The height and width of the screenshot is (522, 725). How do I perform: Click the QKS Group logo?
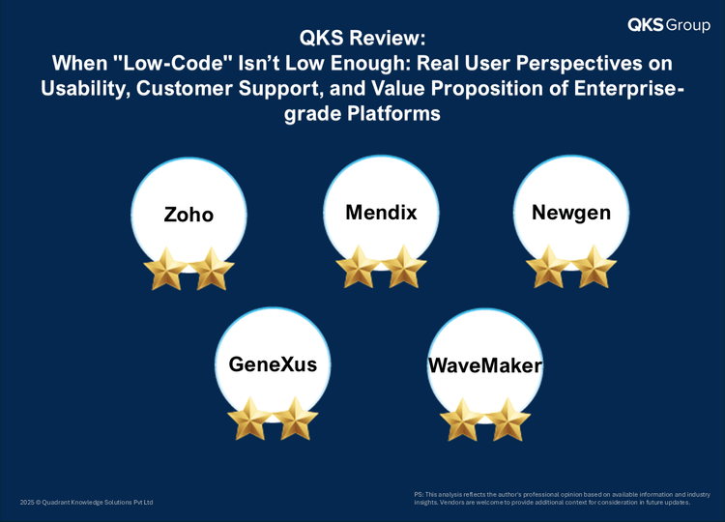tap(669, 24)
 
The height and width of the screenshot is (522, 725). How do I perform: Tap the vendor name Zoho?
tap(188, 215)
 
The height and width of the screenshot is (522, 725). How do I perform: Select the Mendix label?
tap(381, 213)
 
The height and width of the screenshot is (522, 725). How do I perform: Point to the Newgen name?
tap(571, 213)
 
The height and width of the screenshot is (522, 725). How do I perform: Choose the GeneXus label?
tap(273, 363)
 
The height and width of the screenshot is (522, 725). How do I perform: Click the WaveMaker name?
tap(485, 365)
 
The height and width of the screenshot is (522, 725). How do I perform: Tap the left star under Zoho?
tap(165, 269)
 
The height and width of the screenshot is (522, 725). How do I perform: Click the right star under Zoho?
tap(212, 269)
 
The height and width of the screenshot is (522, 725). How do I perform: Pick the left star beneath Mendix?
tap(359, 267)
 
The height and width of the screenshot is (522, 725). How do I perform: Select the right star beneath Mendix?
tap(404, 267)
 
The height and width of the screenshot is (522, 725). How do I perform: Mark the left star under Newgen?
tap(548, 267)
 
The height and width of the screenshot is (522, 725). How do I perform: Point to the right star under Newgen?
tap(594, 267)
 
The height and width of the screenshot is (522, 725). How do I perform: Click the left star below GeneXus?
tap(250, 419)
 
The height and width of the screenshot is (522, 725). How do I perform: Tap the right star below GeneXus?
tap(296, 419)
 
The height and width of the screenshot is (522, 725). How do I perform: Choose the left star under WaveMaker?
tap(462, 420)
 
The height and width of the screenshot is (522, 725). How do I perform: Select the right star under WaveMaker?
tap(508, 420)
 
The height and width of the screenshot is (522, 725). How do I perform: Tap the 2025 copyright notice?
tap(86, 502)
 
